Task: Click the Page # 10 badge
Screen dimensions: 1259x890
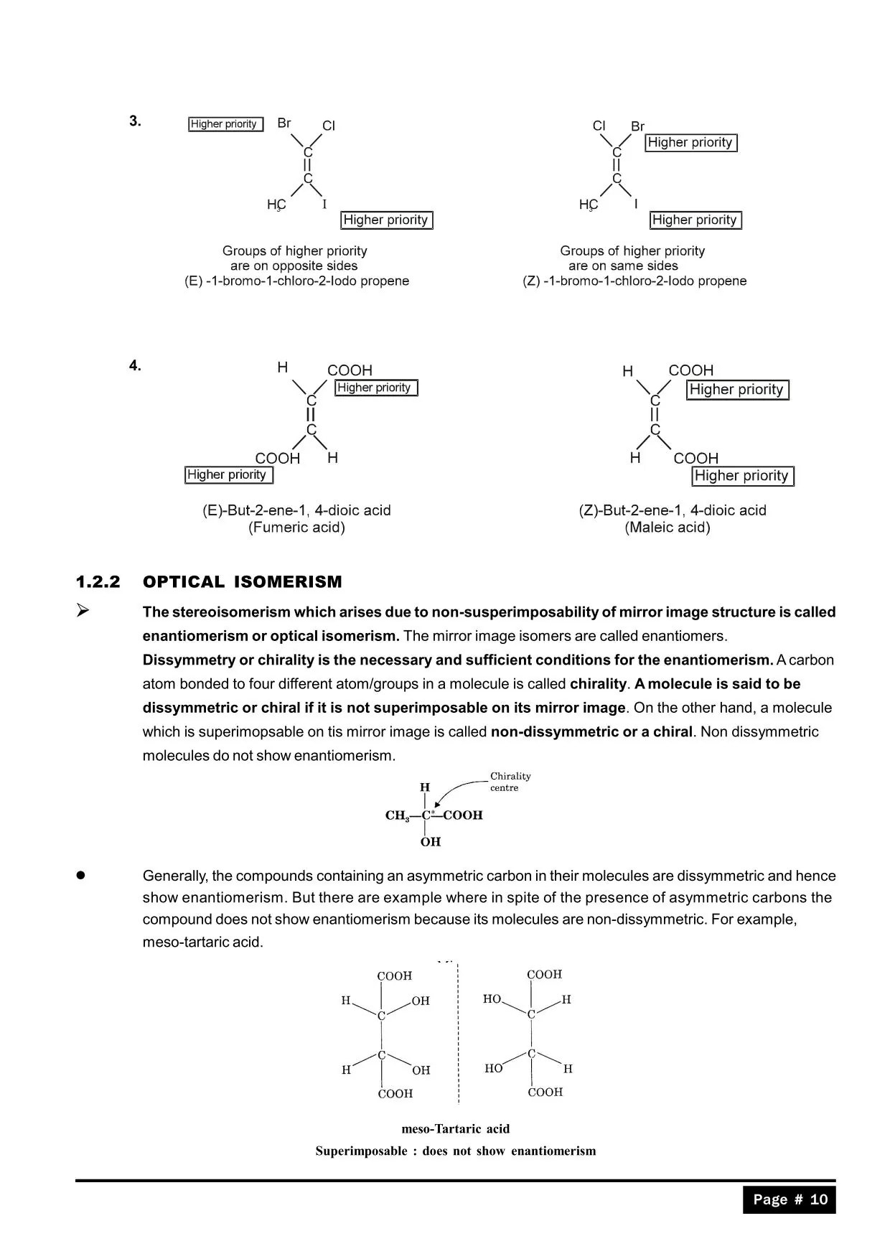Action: point(790,1199)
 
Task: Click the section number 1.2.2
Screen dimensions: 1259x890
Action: point(98,582)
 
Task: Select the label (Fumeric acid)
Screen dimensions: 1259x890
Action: point(296,528)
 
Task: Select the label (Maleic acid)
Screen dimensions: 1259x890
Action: point(667,528)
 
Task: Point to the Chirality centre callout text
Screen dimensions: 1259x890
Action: point(510,782)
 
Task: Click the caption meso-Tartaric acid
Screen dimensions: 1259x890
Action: point(455,1128)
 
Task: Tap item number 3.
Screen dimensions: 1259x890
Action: point(135,121)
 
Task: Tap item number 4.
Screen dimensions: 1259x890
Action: point(135,366)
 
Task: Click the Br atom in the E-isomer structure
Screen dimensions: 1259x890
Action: point(284,123)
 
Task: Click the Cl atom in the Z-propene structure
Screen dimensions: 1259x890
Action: point(599,126)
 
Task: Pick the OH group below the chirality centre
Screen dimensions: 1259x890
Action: point(431,841)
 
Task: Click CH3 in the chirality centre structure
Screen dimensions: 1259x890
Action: point(397,815)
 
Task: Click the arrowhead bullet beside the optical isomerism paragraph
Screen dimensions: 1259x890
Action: point(83,611)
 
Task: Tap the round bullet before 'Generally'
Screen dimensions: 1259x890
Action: point(81,876)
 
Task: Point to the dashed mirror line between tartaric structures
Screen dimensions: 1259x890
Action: point(458,1034)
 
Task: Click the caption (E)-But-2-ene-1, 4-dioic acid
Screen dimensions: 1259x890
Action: point(296,510)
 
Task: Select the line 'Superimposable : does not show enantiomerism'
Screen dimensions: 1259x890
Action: point(455,1151)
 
